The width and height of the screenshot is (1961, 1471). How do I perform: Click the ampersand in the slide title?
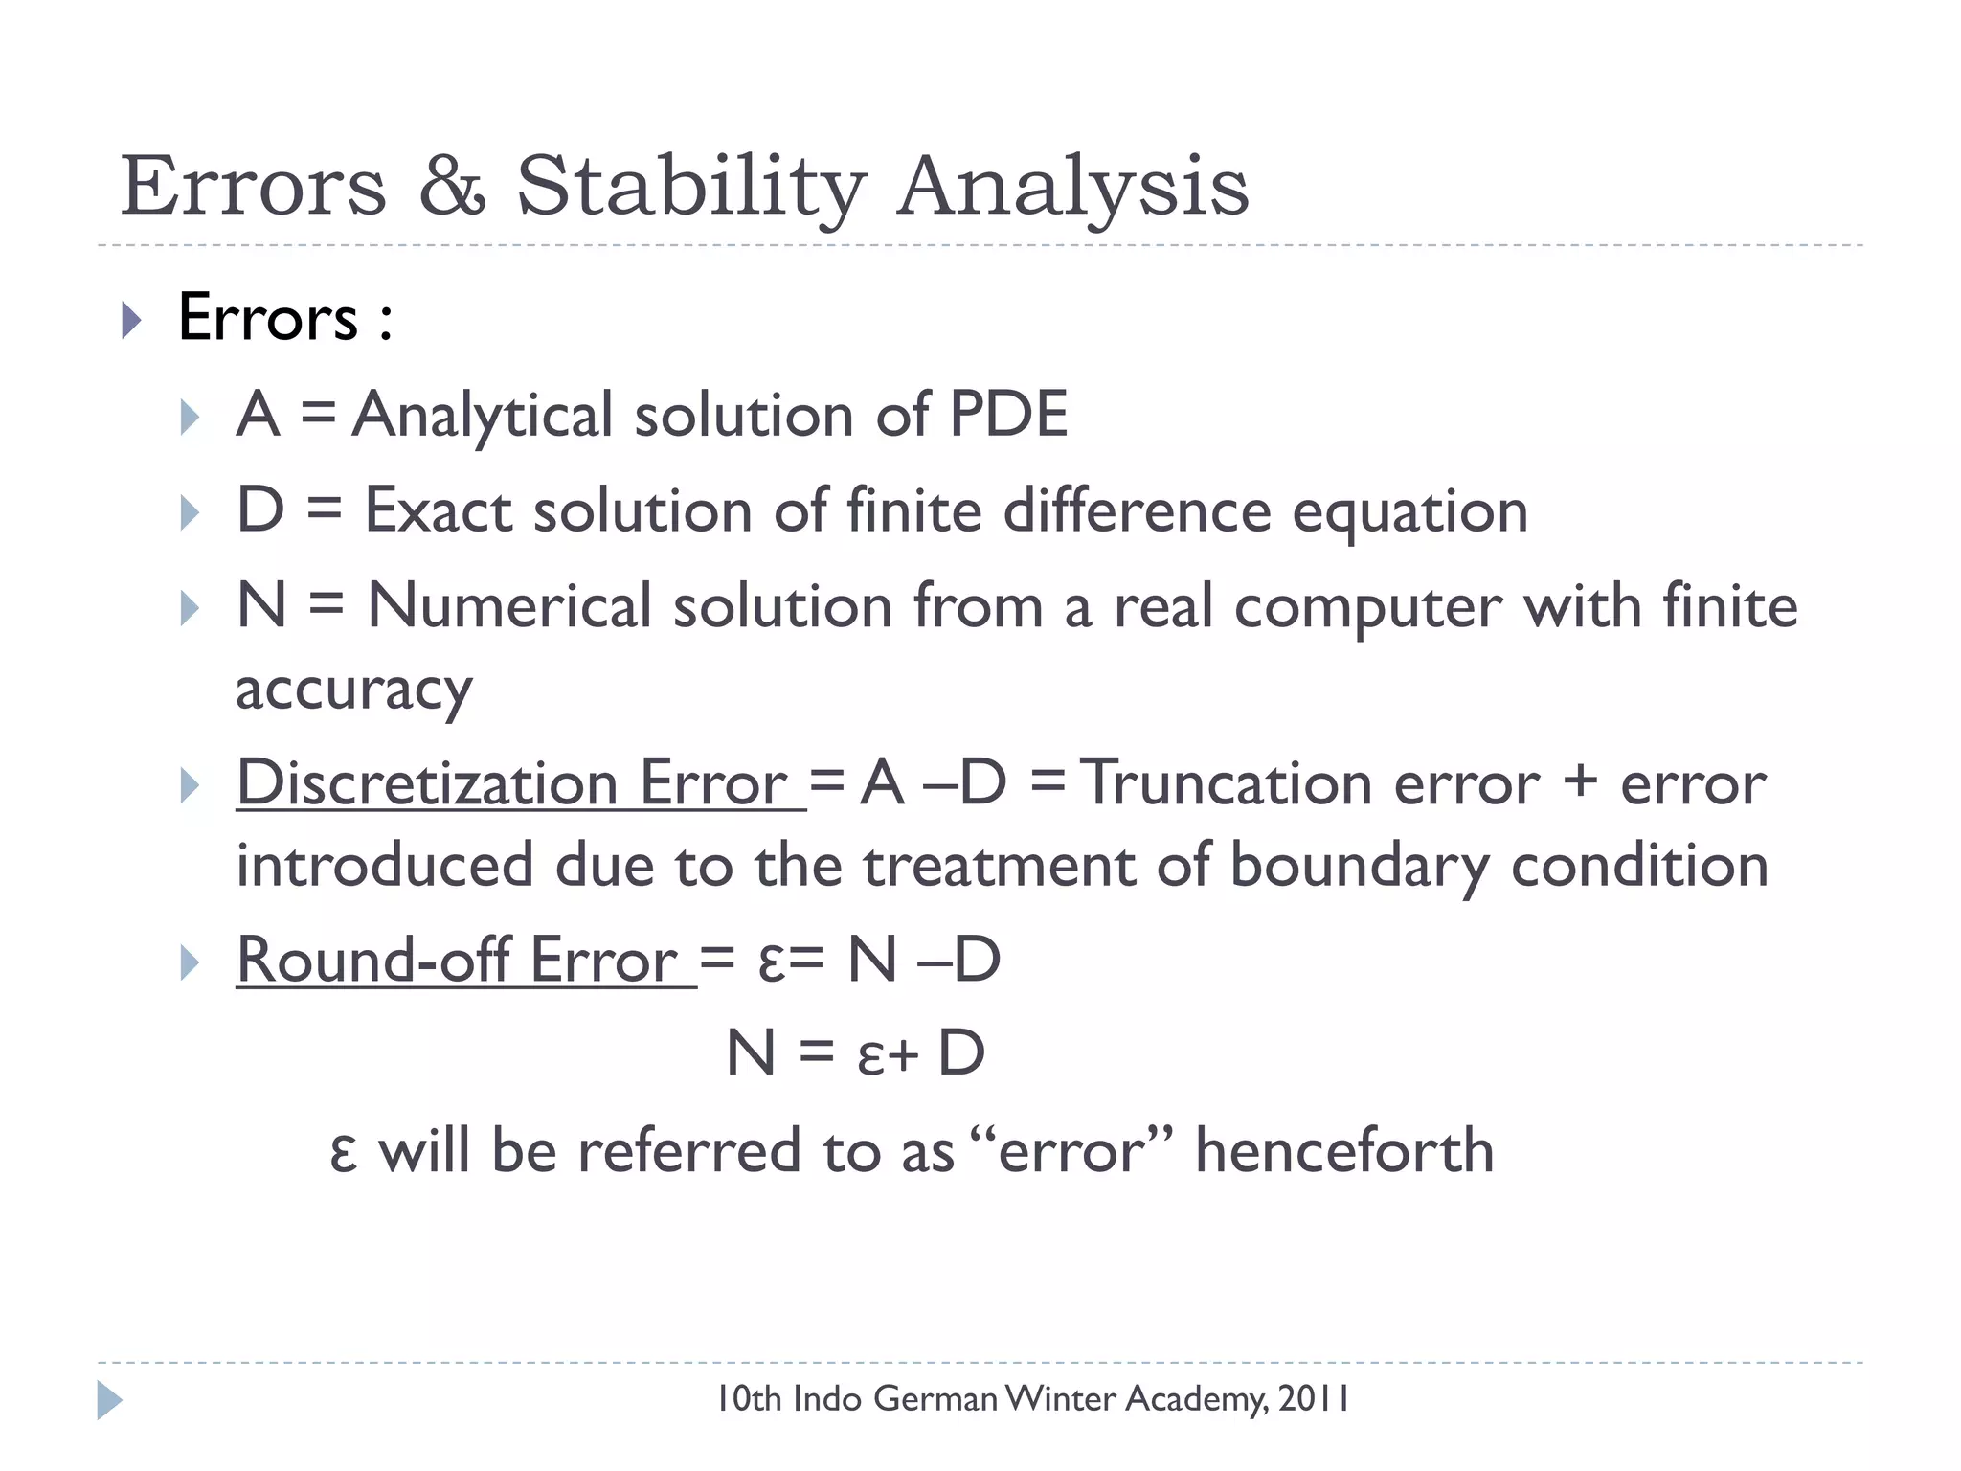point(452,187)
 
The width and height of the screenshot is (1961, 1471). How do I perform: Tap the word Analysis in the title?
point(1072,187)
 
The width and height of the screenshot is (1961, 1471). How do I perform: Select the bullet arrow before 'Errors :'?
point(132,320)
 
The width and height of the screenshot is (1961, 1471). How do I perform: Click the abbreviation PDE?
point(1007,415)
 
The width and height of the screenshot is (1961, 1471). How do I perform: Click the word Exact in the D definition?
point(438,510)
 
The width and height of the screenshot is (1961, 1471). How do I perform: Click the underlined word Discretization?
point(427,783)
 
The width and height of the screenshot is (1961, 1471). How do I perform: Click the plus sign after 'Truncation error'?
point(1580,781)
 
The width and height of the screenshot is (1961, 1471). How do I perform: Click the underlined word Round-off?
point(373,960)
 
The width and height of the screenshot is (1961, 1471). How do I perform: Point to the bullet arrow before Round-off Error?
point(190,962)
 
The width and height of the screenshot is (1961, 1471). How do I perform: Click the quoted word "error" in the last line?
point(1071,1150)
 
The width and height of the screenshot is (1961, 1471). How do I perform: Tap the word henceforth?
point(1344,1150)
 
